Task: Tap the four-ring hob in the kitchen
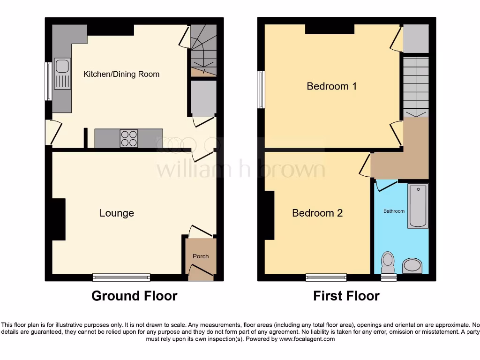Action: (129, 138)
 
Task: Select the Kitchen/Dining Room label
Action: (121, 74)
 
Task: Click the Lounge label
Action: (117, 213)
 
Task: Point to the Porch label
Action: (201, 256)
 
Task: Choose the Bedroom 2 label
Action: (317, 213)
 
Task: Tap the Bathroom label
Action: (394, 211)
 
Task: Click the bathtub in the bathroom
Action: (418, 206)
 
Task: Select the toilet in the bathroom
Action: (388, 262)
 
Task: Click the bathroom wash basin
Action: (412, 266)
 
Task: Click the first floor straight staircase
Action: (416, 87)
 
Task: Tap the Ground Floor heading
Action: (134, 296)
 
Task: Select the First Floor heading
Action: (346, 296)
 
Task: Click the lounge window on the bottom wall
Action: (121, 277)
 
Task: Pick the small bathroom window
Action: (389, 277)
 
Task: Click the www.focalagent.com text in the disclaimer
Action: (307, 339)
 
